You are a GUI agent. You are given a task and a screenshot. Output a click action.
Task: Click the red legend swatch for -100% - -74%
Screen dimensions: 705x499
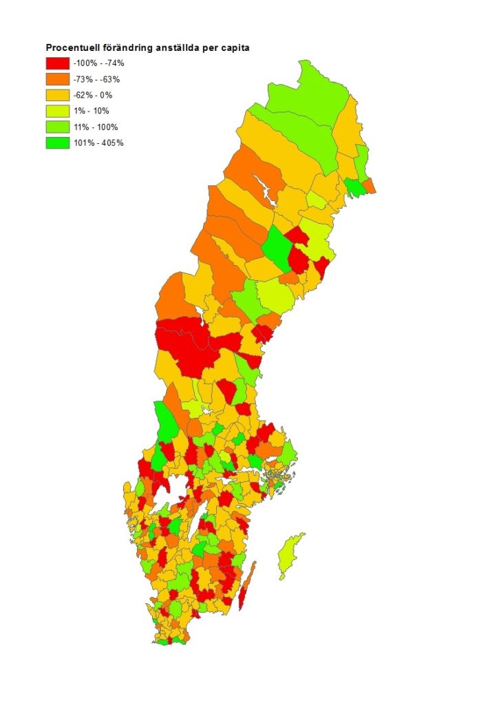coord(57,63)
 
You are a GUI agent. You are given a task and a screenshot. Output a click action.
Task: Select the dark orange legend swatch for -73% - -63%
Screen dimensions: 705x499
coord(57,78)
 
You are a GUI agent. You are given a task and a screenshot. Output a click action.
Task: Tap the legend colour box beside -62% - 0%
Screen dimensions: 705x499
coord(57,94)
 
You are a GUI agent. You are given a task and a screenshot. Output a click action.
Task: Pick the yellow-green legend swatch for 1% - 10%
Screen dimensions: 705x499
coord(57,111)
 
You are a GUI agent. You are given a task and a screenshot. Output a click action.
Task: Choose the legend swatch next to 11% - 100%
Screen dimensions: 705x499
coord(57,127)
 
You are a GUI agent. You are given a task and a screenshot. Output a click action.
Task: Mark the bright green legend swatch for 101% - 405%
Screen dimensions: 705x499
coord(57,143)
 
